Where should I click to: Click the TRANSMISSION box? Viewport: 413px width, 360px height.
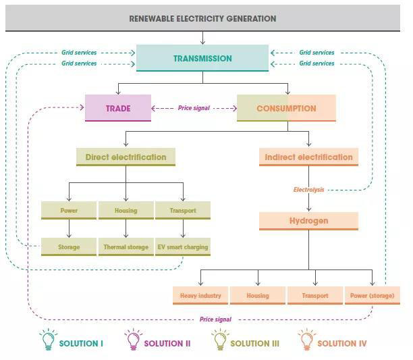202,58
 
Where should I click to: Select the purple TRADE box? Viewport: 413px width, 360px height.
118,108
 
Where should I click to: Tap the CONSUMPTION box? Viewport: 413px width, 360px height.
286,108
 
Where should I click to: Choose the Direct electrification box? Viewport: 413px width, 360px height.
126,157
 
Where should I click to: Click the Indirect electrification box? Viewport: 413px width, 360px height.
308,157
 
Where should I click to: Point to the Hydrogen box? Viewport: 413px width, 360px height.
308,221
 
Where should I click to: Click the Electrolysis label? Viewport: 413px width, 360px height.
308,190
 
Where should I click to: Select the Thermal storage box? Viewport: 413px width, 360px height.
126,247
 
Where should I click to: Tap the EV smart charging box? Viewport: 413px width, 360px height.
183,247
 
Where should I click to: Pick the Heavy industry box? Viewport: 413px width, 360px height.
200,296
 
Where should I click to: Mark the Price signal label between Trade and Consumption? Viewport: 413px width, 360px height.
194,108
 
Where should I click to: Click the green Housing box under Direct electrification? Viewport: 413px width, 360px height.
126,211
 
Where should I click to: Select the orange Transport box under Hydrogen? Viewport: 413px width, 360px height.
315,296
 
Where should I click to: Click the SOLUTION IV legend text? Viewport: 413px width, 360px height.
342,343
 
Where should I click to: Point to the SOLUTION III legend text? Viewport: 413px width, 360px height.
254,343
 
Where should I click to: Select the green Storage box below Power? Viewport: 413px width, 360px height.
68,247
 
